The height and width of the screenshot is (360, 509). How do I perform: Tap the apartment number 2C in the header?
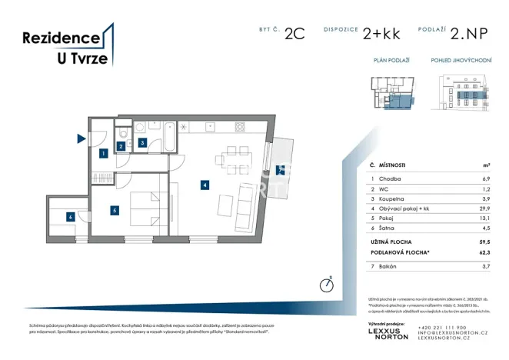click(294, 34)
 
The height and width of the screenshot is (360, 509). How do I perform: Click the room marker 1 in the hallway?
click(102, 154)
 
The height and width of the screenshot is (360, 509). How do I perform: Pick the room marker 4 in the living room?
click(205, 185)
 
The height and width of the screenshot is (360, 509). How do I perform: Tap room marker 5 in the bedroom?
click(114, 209)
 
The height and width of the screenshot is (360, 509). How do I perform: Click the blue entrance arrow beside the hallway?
click(81, 139)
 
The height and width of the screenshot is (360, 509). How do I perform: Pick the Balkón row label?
click(393, 265)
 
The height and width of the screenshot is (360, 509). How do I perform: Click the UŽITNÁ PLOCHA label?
click(393, 242)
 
